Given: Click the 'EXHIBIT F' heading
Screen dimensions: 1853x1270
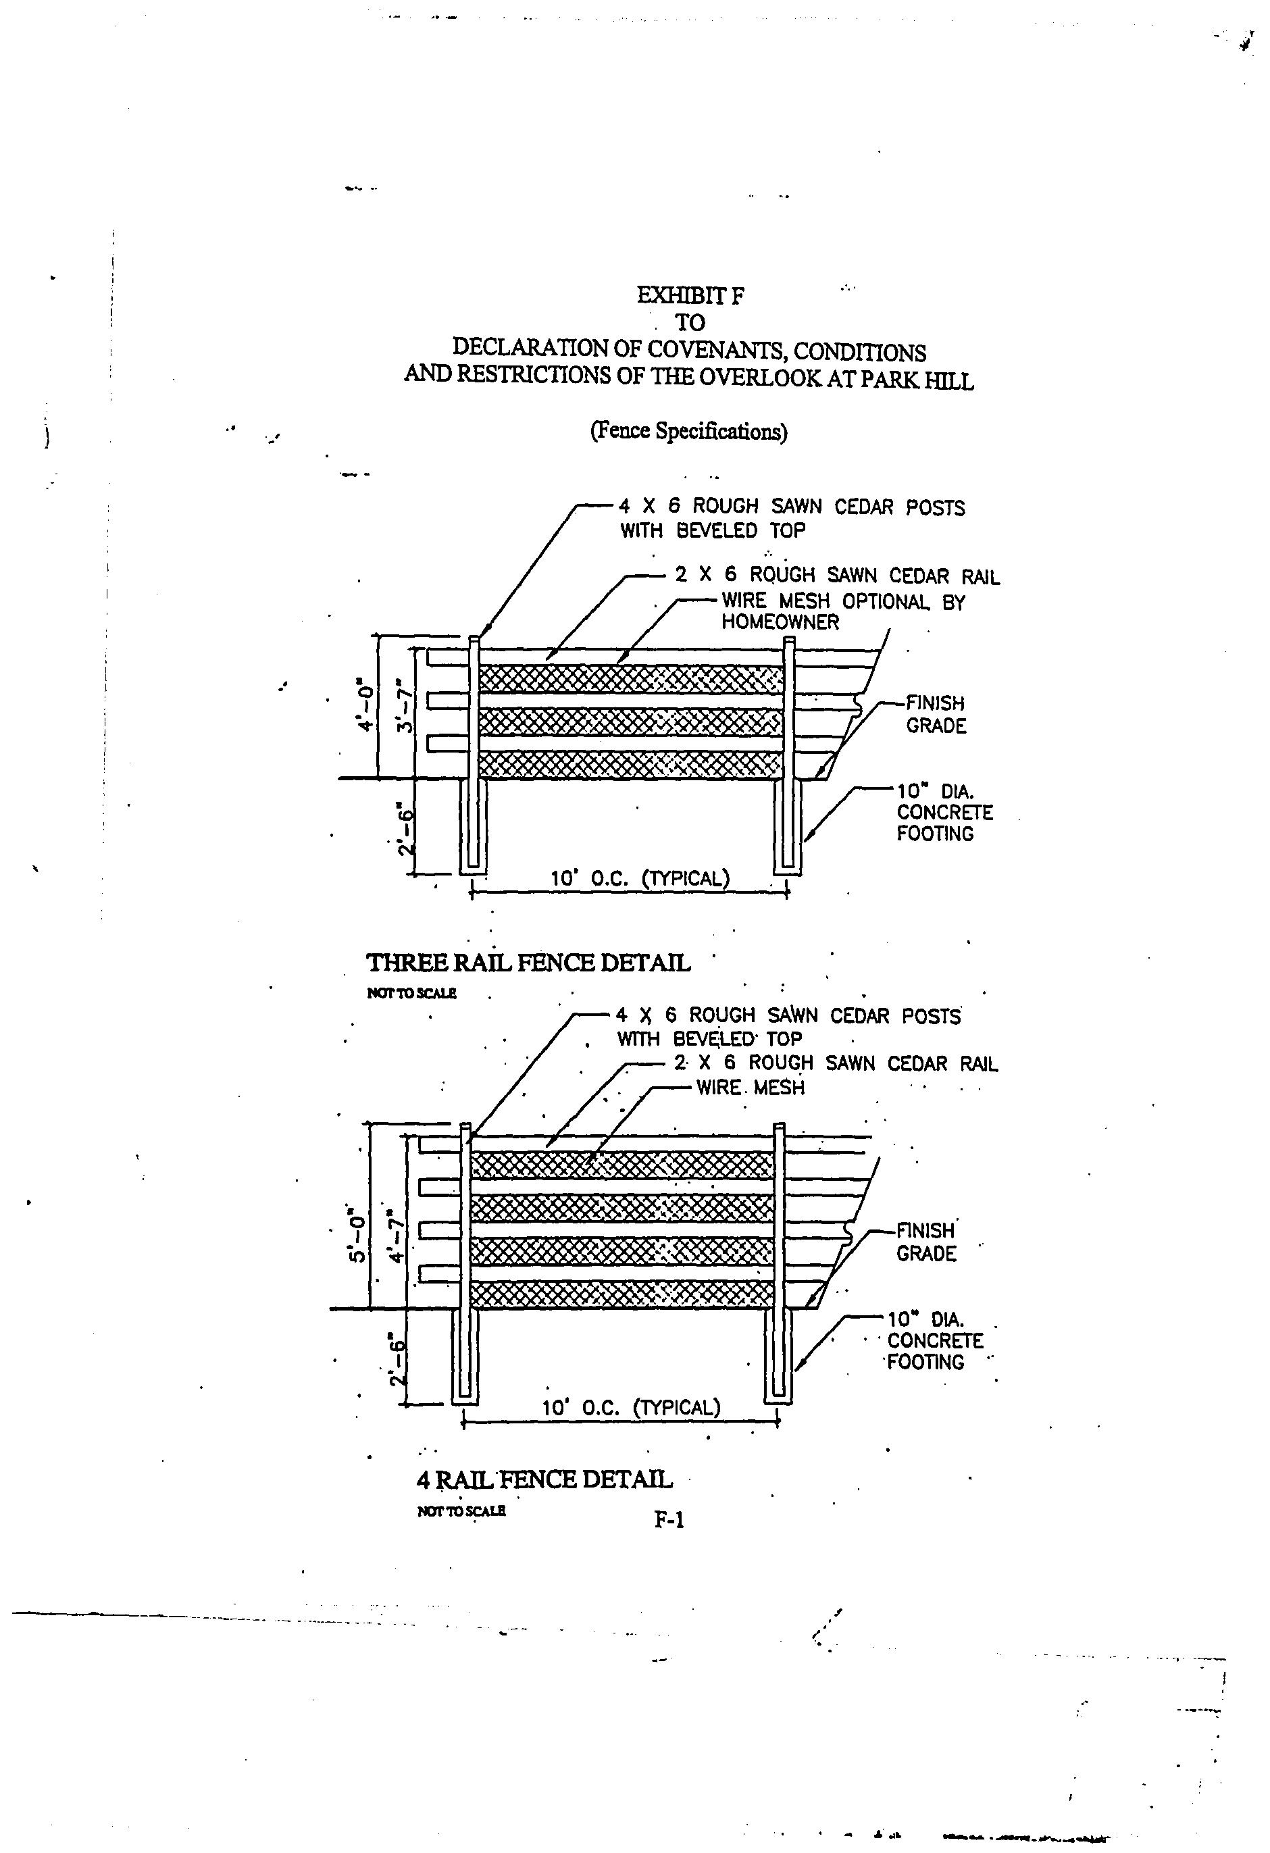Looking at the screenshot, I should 690,296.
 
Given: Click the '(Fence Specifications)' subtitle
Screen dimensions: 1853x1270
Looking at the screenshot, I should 688,432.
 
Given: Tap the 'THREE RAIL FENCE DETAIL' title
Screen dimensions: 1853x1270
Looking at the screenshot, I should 528,963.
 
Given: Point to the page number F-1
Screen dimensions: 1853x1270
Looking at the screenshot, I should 669,1521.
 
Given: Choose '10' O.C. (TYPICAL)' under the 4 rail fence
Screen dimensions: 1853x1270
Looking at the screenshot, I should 631,1407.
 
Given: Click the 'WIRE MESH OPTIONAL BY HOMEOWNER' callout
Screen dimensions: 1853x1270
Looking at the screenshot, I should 842,611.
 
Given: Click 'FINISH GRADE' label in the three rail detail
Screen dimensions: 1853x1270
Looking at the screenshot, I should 935,715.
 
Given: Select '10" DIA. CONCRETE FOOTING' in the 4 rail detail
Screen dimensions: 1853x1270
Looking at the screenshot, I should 934,1341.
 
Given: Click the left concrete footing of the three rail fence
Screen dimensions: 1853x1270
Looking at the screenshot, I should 474,826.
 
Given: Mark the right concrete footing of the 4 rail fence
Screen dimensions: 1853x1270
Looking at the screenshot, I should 779,1355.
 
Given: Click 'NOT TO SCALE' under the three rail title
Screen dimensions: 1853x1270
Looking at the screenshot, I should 411,992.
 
